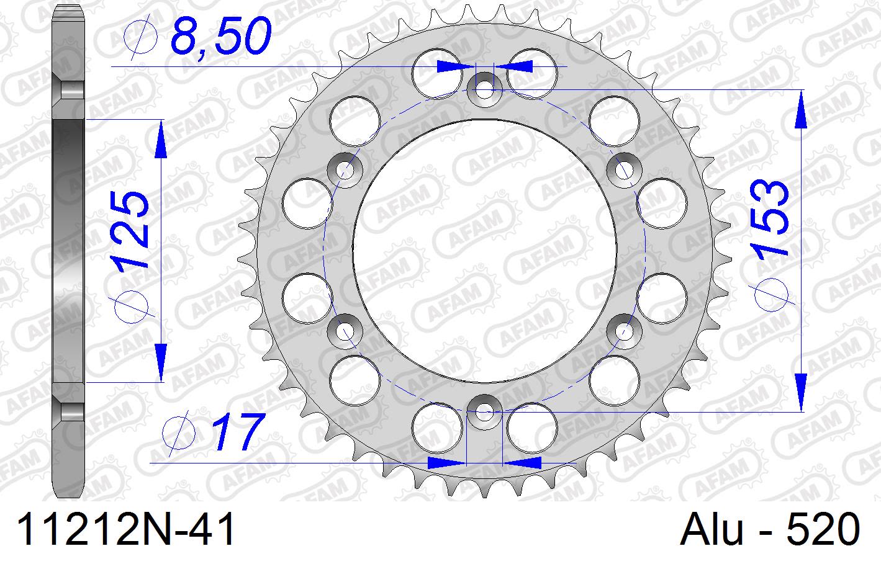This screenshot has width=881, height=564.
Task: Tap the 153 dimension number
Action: pos(770,218)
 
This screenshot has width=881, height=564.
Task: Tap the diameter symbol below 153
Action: pos(772,292)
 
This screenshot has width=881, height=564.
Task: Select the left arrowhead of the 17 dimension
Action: pos(447,462)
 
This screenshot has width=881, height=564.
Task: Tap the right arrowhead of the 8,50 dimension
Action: pos(520,65)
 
